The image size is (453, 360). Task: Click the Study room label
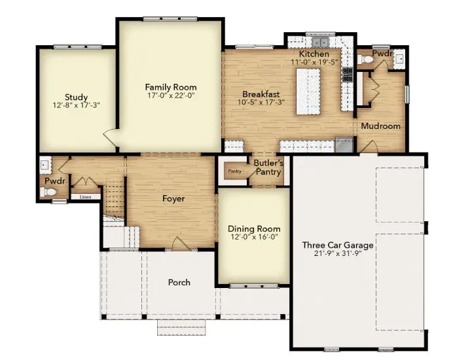pyautogui.click(x=76, y=98)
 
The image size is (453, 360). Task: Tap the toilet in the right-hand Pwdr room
pyautogui.click(x=368, y=60)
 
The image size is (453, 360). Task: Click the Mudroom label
pyautogui.click(x=380, y=126)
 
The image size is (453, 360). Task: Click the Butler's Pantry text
pyautogui.click(x=268, y=168)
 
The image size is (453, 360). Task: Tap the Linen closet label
pyautogui.click(x=85, y=196)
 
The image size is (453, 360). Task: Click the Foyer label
pyautogui.click(x=173, y=198)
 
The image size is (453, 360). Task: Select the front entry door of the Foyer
pyautogui.click(x=179, y=243)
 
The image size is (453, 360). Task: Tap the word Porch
pyautogui.click(x=179, y=282)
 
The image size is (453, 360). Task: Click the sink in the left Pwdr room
pyautogui.click(x=44, y=164)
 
